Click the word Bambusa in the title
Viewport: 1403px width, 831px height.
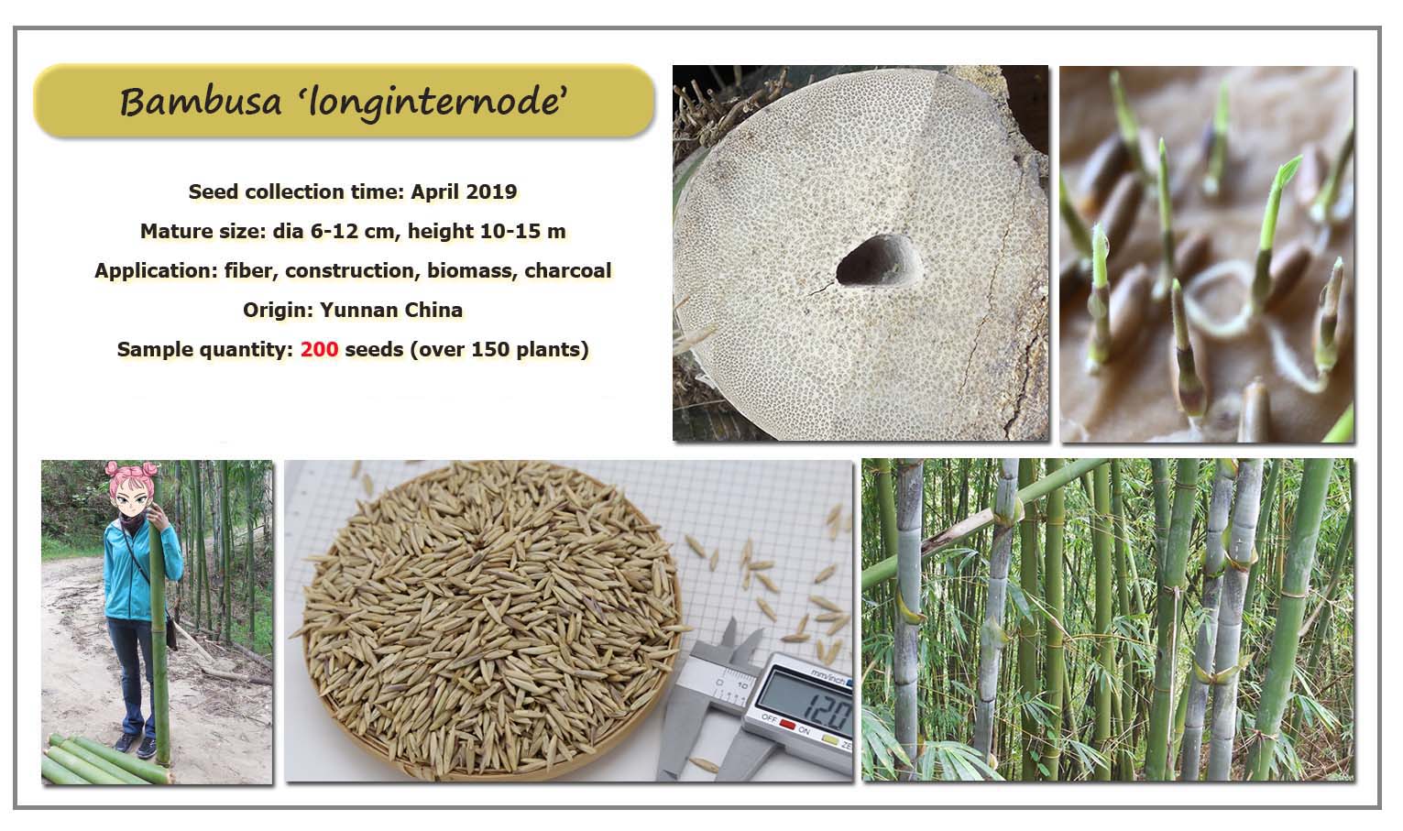tap(201, 102)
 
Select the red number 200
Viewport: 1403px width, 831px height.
tap(320, 349)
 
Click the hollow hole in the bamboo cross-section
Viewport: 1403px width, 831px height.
tap(877, 261)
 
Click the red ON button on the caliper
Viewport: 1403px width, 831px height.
tap(787, 726)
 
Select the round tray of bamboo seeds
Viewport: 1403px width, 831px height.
tap(492, 620)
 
